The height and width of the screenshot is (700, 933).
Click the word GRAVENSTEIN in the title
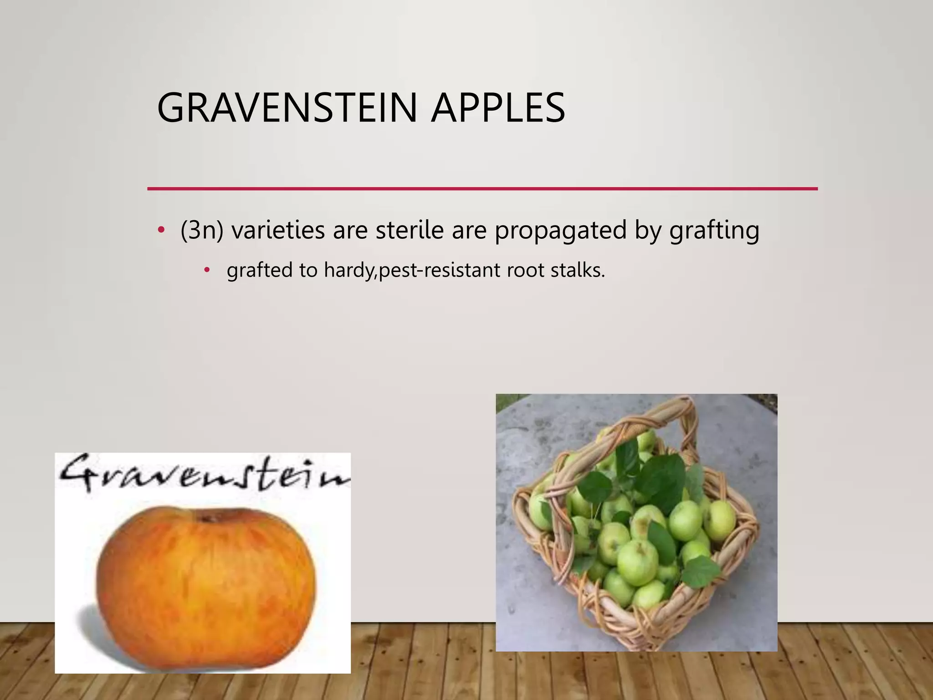[x=287, y=108]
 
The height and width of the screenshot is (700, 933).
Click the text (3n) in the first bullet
[x=201, y=230]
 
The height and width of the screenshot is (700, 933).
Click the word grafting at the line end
[x=714, y=231]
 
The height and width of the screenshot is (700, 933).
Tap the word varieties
[x=278, y=230]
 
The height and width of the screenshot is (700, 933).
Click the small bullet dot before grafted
[x=207, y=270]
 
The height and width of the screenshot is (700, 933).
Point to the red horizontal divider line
[x=482, y=188]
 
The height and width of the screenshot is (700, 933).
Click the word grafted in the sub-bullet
[x=259, y=271]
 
